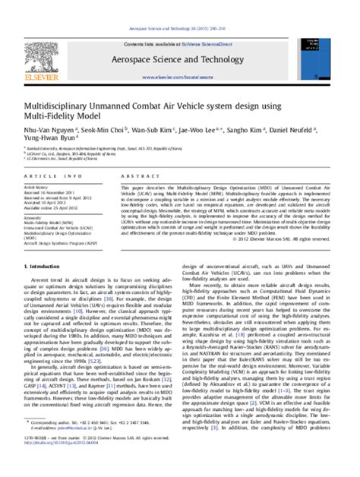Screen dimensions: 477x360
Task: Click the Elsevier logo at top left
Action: coord(41,46)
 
